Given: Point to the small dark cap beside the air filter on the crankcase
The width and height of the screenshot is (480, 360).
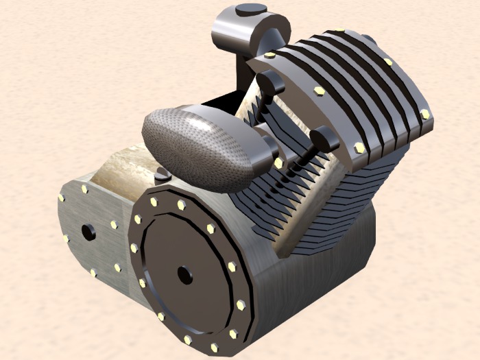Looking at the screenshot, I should pos(162,176).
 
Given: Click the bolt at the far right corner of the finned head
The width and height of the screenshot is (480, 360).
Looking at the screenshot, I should pos(425,114).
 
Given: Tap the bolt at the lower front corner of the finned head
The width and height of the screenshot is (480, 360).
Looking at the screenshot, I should pos(359,147).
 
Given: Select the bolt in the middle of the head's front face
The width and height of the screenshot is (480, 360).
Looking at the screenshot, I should pos(320,91).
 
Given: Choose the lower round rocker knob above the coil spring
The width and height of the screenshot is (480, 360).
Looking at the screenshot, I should pos(323,139).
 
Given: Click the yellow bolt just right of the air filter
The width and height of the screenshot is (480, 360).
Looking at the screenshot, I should pos(278,163).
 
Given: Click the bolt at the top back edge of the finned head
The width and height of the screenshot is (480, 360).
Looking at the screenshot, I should pos(339,31).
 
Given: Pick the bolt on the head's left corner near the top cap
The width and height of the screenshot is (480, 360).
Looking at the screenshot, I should pos(269,55).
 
